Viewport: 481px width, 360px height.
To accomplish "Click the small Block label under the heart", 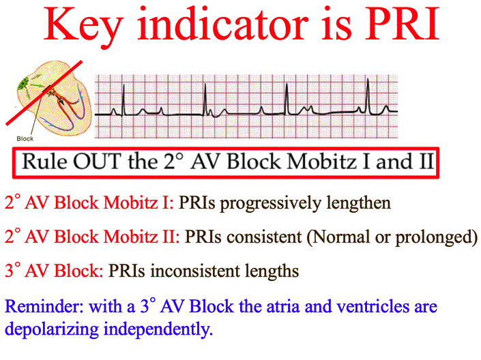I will pos(24,138).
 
